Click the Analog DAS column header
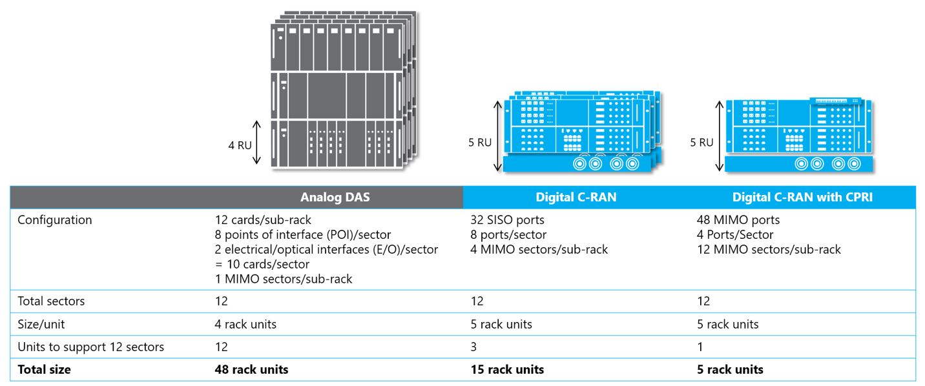(x=335, y=198)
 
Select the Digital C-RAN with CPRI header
(x=802, y=198)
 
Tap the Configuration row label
(x=54, y=220)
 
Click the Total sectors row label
(x=51, y=301)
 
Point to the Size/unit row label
(x=45, y=324)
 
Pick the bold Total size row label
(x=44, y=370)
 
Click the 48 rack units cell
(x=251, y=370)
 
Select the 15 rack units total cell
(x=507, y=370)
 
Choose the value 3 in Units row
(x=473, y=347)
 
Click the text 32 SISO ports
(x=507, y=220)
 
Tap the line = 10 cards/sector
(x=262, y=265)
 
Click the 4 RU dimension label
(x=240, y=145)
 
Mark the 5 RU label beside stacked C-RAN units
(x=480, y=142)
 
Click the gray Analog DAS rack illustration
(x=342, y=90)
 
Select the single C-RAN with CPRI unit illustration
(x=798, y=136)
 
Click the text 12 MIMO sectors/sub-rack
(x=769, y=249)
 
